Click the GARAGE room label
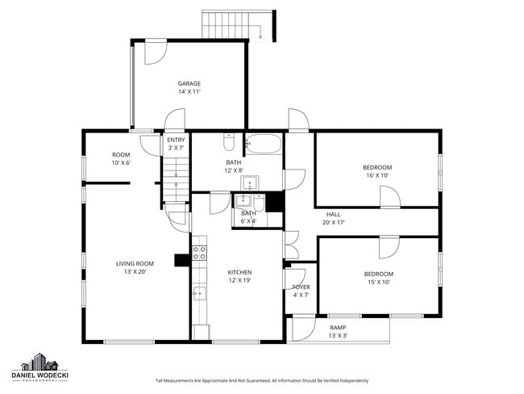(x=189, y=83)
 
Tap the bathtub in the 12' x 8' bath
(x=264, y=145)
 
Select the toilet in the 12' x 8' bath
(x=229, y=144)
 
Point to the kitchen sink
(x=199, y=292)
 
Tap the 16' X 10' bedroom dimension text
(x=377, y=175)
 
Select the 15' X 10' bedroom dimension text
(x=378, y=282)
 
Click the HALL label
(x=333, y=214)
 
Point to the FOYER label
(x=301, y=287)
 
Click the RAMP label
(x=338, y=327)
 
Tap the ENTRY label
(x=176, y=140)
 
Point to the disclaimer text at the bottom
(x=261, y=380)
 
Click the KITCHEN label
(x=239, y=272)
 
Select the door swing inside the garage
(x=154, y=52)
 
